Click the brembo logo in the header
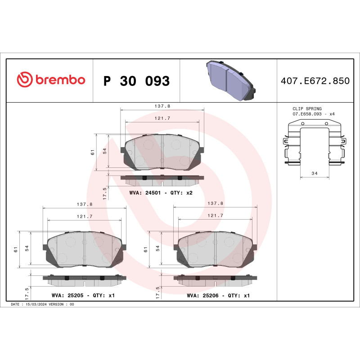(x=50, y=80)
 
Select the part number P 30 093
(x=136, y=81)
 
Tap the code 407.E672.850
(x=315, y=81)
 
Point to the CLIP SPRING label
(x=307, y=109)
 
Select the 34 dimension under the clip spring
(x=315, y=173)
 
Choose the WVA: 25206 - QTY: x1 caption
(x=218, y=296)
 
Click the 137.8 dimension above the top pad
(x=162, y=107)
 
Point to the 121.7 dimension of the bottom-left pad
(x=85, y=216)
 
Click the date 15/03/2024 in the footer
(x=42, y=305)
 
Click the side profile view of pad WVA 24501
(x=162, y=180)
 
